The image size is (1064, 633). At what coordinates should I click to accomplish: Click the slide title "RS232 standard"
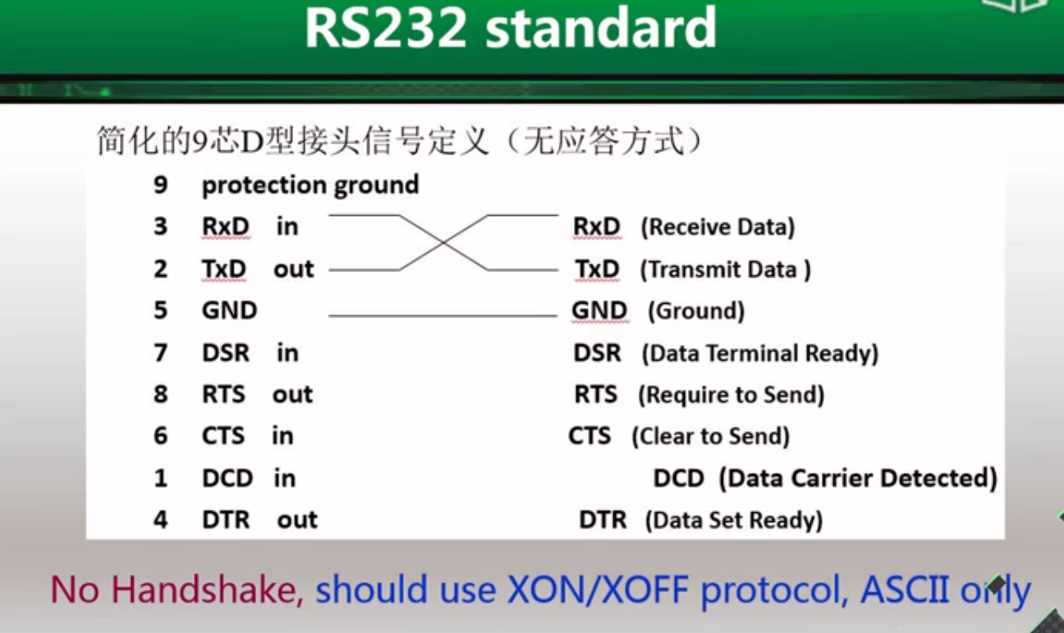click(x=511, y=29)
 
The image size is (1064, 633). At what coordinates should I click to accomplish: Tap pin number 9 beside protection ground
click(x=160, y=185)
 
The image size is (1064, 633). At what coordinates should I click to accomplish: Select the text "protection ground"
click(x=310, y=185)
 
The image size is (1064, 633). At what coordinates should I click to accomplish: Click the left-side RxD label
click(x=225, y=226)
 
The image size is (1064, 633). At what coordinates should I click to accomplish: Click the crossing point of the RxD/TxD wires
click(x=443, y=242)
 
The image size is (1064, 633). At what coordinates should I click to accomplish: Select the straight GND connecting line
click(x=443, y=315)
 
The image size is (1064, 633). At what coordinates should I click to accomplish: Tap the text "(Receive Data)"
click(x=718, y=227)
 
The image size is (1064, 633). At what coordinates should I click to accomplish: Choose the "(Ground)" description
click(x=696, y=311)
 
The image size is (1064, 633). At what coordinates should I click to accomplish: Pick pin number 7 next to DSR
click(x=160, y=353)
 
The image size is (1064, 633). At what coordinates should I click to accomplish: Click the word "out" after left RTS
click(x=293, y=395)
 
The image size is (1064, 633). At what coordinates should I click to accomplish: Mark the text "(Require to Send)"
click(x=731, y=395)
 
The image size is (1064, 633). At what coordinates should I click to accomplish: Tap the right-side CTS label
click(x=589, y=436)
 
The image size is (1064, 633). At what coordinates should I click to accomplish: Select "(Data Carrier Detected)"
click(x=858, y=478)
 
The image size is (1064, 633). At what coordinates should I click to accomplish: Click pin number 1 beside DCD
click(x=160, y=478)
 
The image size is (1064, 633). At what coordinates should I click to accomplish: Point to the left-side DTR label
click(x=225, y=520)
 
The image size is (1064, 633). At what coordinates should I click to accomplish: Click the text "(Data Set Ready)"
click(x=734, y=520)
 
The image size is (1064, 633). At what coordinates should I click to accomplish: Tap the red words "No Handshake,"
click(x=177, y=589)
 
